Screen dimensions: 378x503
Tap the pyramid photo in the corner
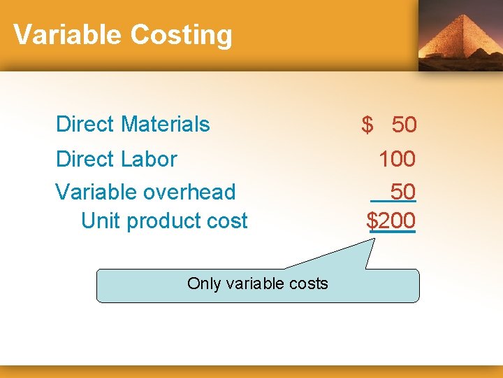tap(460, 34)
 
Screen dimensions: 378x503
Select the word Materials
tap(165, 125)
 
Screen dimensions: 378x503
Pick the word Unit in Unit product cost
tap(96, 221)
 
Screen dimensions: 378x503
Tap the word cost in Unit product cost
tap(225, 221)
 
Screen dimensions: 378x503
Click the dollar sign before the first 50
tap(367, 125)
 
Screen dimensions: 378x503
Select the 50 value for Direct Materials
tap(404, 125)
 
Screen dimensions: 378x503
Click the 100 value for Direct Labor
tap(397, 159)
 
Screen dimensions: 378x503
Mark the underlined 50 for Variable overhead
tap(403, 192)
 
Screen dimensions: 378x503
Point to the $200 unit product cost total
tap(392, 221)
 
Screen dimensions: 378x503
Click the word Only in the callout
tap(204, 283)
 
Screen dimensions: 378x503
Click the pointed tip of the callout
tap(375, 237)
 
